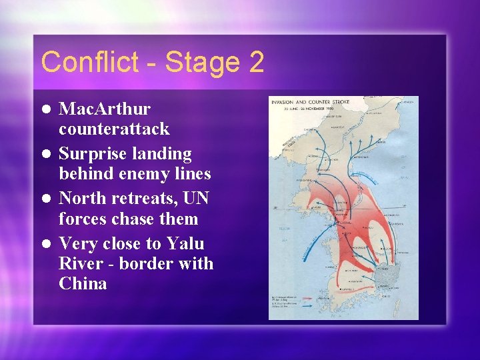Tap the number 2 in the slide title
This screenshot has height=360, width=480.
point(256,63)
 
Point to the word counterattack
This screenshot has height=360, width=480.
point(114,128)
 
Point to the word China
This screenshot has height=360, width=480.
point(83,283)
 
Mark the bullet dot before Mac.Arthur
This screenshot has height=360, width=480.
point(46,109)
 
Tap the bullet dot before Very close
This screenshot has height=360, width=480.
point(46,244)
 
